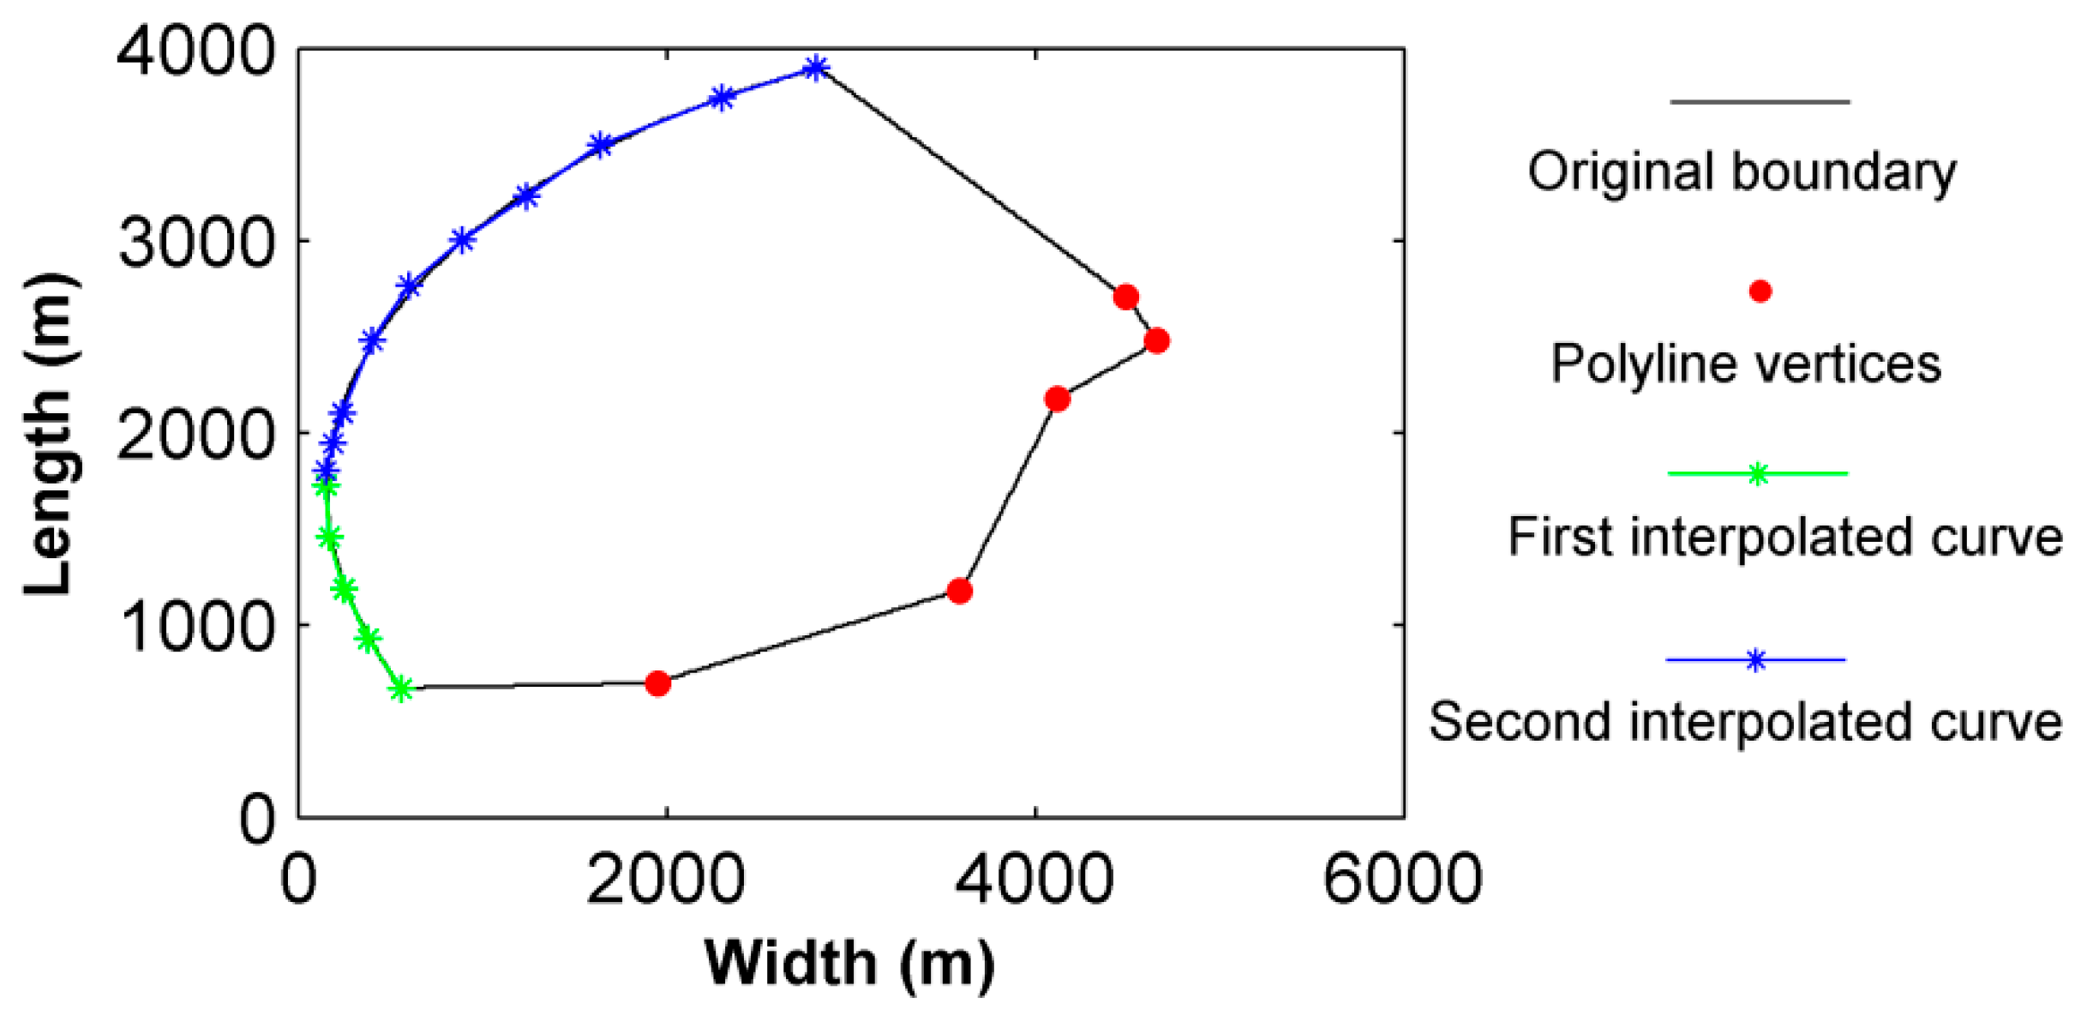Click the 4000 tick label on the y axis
pos(195,51)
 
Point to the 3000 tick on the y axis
pos(196,243)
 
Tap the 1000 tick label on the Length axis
pos(196,626)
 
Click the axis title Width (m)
pos(849,965)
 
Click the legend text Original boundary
pos(1742,171)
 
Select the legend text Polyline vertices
pos(1746,364)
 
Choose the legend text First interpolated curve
pos(1784,538)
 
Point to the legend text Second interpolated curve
pos(1745,721)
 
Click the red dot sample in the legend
pos(1760,292)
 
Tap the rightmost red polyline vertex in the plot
pos(1156,340)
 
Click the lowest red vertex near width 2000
pos(657,683)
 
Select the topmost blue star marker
pos(816,68)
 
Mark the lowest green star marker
pos(400,688)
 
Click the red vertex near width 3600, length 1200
pos(959,591)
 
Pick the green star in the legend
pos(1757,474)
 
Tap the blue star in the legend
pos(1755,660)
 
